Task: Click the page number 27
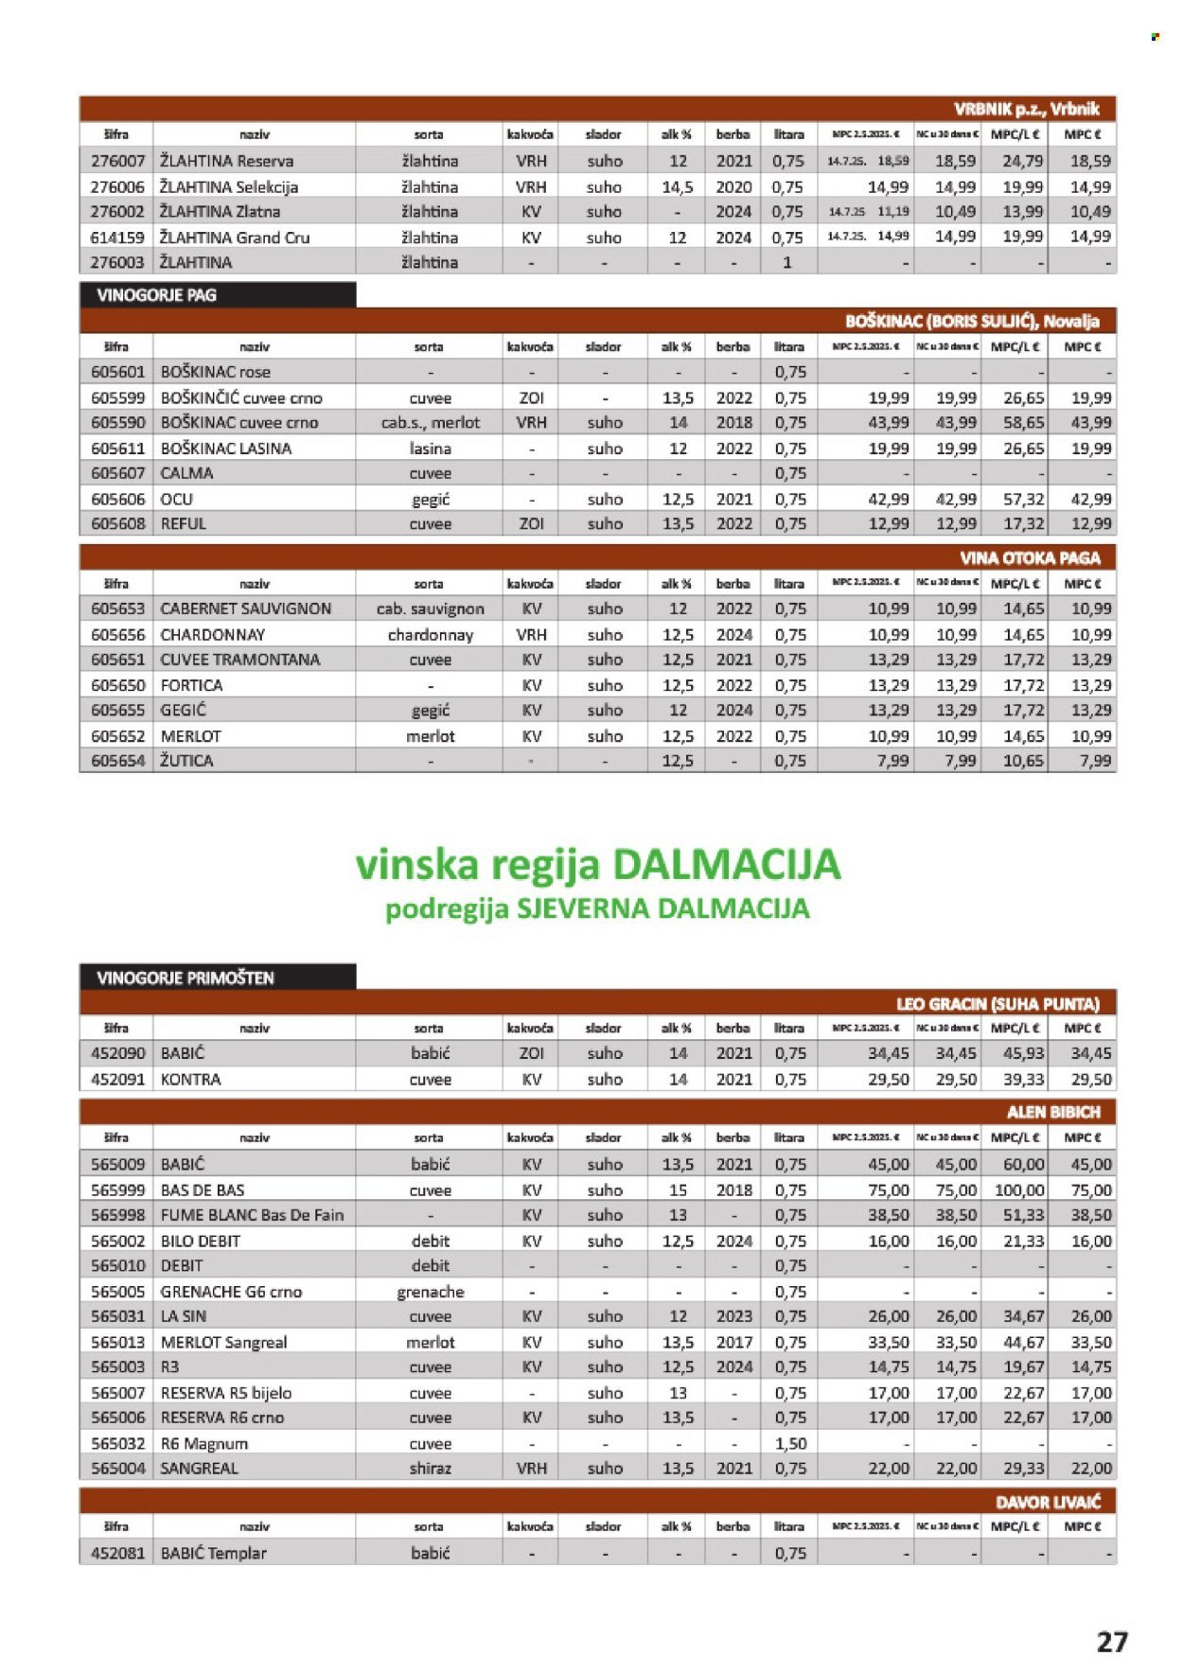pyautogui.click(x=1112, y=1641)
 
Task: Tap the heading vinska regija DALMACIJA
pyautogui.click(x=597, y=864)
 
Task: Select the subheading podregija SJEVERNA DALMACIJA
pyautogui.click(x=597, y=909)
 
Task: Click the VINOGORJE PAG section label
pyautogui.click(x=157, y=295)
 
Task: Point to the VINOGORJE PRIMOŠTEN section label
pyautogui.click(x=185, y=978)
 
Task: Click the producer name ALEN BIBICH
pyautogui.click(x=1053, y=1112)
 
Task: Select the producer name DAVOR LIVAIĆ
pyautogui.click(x=1048, y=1502)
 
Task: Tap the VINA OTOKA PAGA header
pyautogui.click(x=1031, y=557)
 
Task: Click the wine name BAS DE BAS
pyautogui.click(x=203, y=1189)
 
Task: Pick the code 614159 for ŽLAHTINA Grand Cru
pyautogui.click(x=117, y=238)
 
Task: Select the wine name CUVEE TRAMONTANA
pyautogui.click(x=240, y=660)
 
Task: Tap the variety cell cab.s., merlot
pyautogui.click(x=431, y=423)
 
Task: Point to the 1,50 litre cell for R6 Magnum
pyautogui.click(x=790, y=1443)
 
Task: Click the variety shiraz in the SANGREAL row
pyautogui.click(x=431, y=1469)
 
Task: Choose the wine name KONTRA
pyautogui.click(x=191, y=1079)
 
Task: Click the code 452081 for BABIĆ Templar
pyautogui.click(x=117, y=1553)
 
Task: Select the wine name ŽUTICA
pyautogui.click(x=187, y=761)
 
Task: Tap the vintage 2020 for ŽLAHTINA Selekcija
pyautogui.click(x=733, y=187)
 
